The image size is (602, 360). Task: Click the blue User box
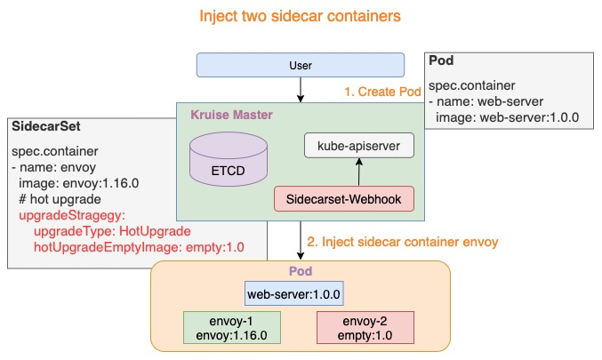click(301, 65)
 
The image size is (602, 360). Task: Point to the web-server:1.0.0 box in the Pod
click(294, 293)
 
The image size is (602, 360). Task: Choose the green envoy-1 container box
click(231, 327)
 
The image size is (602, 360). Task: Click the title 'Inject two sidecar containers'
click(300, 17)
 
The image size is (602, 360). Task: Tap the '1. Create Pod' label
click(383, 92)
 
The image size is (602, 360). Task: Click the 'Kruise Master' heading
click(231, 116)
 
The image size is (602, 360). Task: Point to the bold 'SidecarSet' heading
click(43, 128)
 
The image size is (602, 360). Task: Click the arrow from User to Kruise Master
click(301, 88)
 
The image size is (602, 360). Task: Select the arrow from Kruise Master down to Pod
click(301, 240)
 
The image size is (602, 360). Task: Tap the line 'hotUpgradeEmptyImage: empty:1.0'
click(138, 247)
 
